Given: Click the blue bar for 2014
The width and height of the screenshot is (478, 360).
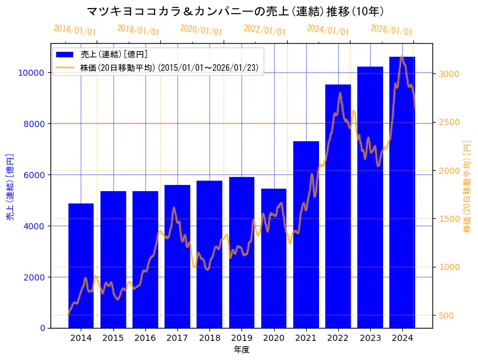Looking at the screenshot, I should tap(81, 265).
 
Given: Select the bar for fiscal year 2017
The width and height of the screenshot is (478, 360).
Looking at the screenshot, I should tap(177, 256).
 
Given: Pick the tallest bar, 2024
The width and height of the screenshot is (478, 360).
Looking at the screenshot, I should tap(402, 192).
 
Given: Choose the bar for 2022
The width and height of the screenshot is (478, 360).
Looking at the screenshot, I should tap(338, 206).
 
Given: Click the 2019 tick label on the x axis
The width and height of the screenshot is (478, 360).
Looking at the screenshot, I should tap(241, 338).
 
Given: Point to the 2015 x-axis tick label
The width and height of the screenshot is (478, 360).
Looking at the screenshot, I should tap(113, 338).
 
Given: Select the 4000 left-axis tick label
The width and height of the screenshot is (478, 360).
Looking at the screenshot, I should tap(33, 226).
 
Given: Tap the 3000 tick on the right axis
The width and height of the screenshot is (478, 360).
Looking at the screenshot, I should tap(449, 74).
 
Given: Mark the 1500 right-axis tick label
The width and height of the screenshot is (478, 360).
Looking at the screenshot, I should tap(449, 219).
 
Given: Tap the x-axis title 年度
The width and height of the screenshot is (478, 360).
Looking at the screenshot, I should tap(241, 350).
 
